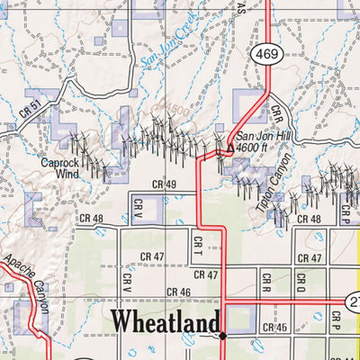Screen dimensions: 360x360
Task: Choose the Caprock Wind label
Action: coord(60,168)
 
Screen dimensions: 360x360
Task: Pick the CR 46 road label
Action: coord(179,292)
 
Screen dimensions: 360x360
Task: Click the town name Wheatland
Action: coord(165,321)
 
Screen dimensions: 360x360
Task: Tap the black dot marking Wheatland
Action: coord(223,337)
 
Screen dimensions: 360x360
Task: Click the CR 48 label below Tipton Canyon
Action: coord(309,219)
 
